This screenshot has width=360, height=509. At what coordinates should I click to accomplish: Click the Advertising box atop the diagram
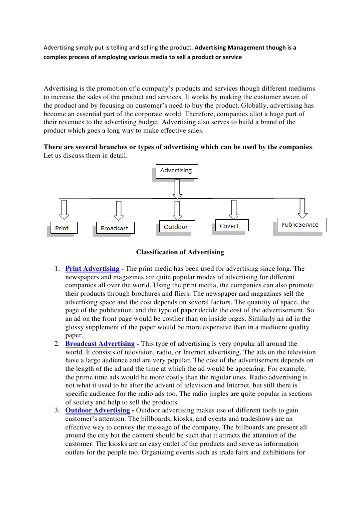(x=176, y=171)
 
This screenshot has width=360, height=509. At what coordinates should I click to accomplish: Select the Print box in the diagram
(x=62, y=228)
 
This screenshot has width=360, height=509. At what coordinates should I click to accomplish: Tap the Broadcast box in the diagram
(x=114, y=228)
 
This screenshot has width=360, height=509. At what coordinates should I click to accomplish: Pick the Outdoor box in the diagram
(x=176, y=227)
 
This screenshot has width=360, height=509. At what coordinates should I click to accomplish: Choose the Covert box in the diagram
(x=229, y=226)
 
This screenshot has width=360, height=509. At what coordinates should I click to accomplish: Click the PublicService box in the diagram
(x=299, y=225)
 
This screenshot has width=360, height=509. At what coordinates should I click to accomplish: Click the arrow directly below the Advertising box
(x=176, y=188)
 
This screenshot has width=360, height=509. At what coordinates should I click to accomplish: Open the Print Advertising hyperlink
(x=92, y=269)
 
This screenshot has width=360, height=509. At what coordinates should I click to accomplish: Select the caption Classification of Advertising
(x=180, y=252)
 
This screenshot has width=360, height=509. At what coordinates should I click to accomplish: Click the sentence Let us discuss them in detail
(x=79, y=156)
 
